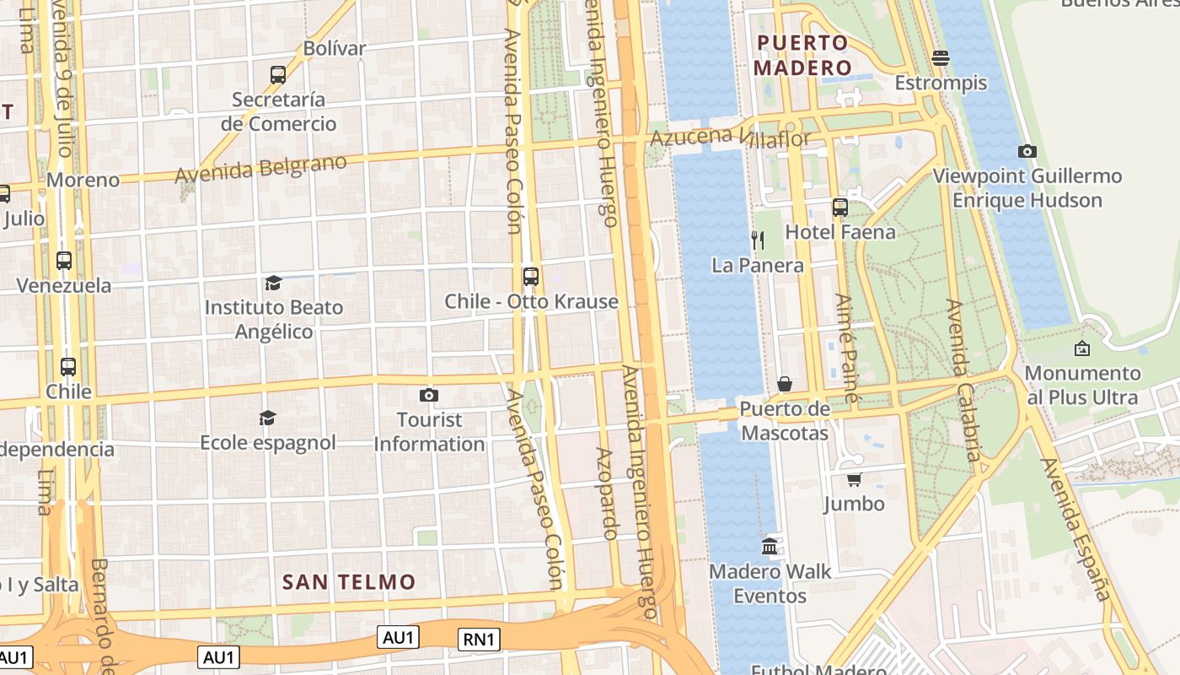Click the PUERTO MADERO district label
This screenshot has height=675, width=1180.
pyautogui.click(x=802, y=55)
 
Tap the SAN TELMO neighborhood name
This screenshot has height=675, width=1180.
pyautogui.click(x=349, y=581)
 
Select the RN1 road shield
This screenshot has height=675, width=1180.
pyautogui.click(x=479, y=640)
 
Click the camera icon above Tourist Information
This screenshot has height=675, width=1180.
pyautogui.click(x=428, y=395)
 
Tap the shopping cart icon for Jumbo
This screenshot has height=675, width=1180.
pyautogui.click(x=854, y=479)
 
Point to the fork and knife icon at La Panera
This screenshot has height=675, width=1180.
pyautogui.click(x=758, y=240)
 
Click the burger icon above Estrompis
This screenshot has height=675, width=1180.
pyautogui.click(x=941, y=57)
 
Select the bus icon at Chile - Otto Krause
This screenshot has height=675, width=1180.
pyautogui.click(x=530, y=276)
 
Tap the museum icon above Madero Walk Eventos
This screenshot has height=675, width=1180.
pyautogui.click(x=770, y=547)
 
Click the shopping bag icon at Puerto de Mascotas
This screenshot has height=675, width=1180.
pyautogui.click(x=785, y=385)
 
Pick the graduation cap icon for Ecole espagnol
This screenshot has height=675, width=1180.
pyautogui.click(x=267, y=418)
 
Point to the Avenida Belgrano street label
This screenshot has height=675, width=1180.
pyautogui.click(x=260, y=168)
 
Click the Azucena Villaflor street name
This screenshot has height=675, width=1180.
pyautogui.click(x=731, y=137)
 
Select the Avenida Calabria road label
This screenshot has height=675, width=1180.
pyautogui.click(x=964, y=380)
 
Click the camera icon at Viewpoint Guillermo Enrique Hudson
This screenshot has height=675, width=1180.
pyautogui.click(x=1027, y=152)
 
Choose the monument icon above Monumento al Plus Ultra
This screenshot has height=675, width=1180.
pyautogui.click(x=1082, y=348)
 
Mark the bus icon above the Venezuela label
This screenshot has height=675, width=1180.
pyautogui.click(x=64, y=261)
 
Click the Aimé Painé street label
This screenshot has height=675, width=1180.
pyautogui.click(x=847, y=348)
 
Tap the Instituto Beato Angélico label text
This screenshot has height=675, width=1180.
pyautogui.click(x=274, y=319)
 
